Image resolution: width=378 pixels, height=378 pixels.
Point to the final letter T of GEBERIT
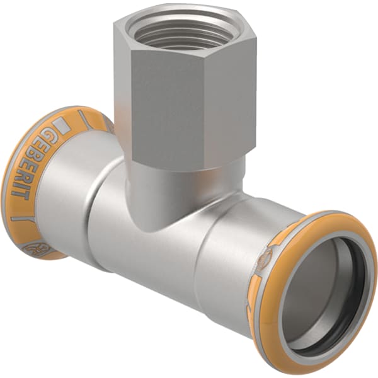click(x=18, y=193)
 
